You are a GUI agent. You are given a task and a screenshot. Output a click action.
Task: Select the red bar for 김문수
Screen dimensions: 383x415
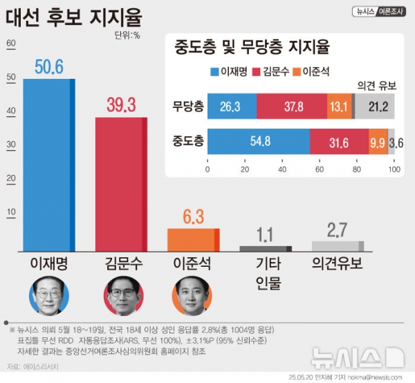click(x=121, y=184)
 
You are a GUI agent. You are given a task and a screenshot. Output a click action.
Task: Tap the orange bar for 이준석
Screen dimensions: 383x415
click(x=194, y=239)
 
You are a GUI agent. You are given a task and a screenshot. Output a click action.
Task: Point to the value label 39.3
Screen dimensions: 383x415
click(x=121, y=105)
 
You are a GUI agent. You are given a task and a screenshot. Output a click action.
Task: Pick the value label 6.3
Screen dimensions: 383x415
click(x=194, y=216)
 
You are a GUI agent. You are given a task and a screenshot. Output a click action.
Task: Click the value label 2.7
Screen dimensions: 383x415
click(x=337, y=230)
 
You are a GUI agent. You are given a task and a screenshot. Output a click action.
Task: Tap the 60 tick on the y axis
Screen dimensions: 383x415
click(x=10, y=44)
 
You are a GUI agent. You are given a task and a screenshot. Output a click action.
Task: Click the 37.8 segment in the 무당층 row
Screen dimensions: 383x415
click(x=291, y=107)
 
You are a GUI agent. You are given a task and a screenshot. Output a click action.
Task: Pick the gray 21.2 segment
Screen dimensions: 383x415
click(x=374, y=107)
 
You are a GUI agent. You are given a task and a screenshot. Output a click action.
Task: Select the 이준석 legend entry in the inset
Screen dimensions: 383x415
click(x=311, y=71)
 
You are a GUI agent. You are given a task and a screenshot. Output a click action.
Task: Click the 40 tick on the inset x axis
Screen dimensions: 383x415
click(x=282, y=168)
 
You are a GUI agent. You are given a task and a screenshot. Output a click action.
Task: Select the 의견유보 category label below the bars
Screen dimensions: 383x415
click(x=337, y=263)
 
